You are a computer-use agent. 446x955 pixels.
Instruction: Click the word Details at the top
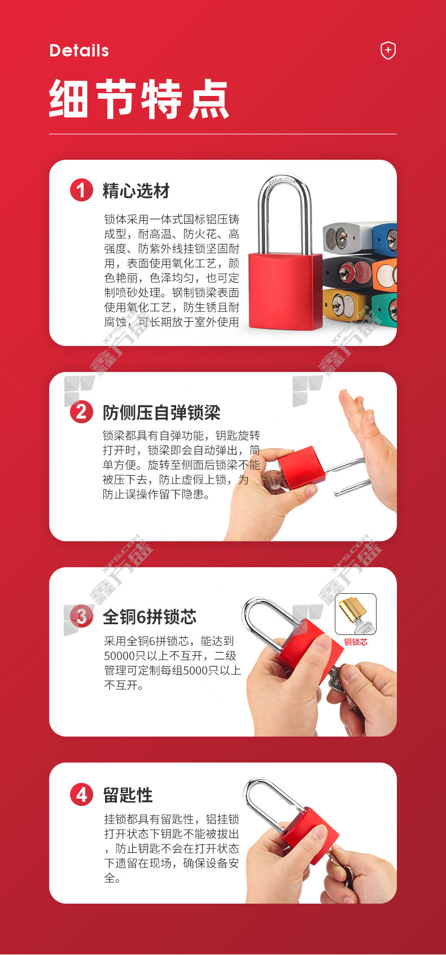point(79,51)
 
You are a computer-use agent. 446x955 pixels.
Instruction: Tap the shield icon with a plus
point(388,50)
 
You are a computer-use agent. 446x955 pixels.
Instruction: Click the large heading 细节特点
point(139,98)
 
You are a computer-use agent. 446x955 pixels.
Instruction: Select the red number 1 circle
point(81,190)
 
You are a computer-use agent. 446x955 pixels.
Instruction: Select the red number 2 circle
point(81,412)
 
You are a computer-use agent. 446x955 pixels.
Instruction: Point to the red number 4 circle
point(81,795)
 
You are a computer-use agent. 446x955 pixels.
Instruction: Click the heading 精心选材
point(136,191)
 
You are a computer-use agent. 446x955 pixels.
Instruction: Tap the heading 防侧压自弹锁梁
point(161,412)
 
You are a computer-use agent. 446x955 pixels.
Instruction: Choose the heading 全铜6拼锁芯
point(150,616)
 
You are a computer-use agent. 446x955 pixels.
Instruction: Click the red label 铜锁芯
point(356,642)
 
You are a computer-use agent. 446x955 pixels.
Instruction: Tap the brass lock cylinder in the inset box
point(351,610)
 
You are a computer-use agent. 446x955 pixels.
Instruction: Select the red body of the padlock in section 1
point(285,291)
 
